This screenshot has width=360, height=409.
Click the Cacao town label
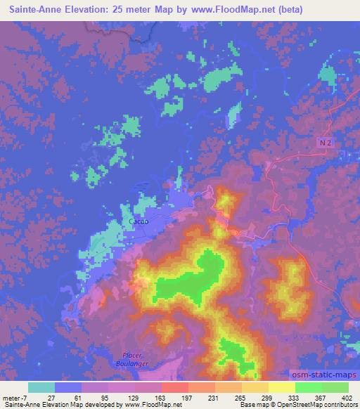(137, 222)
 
